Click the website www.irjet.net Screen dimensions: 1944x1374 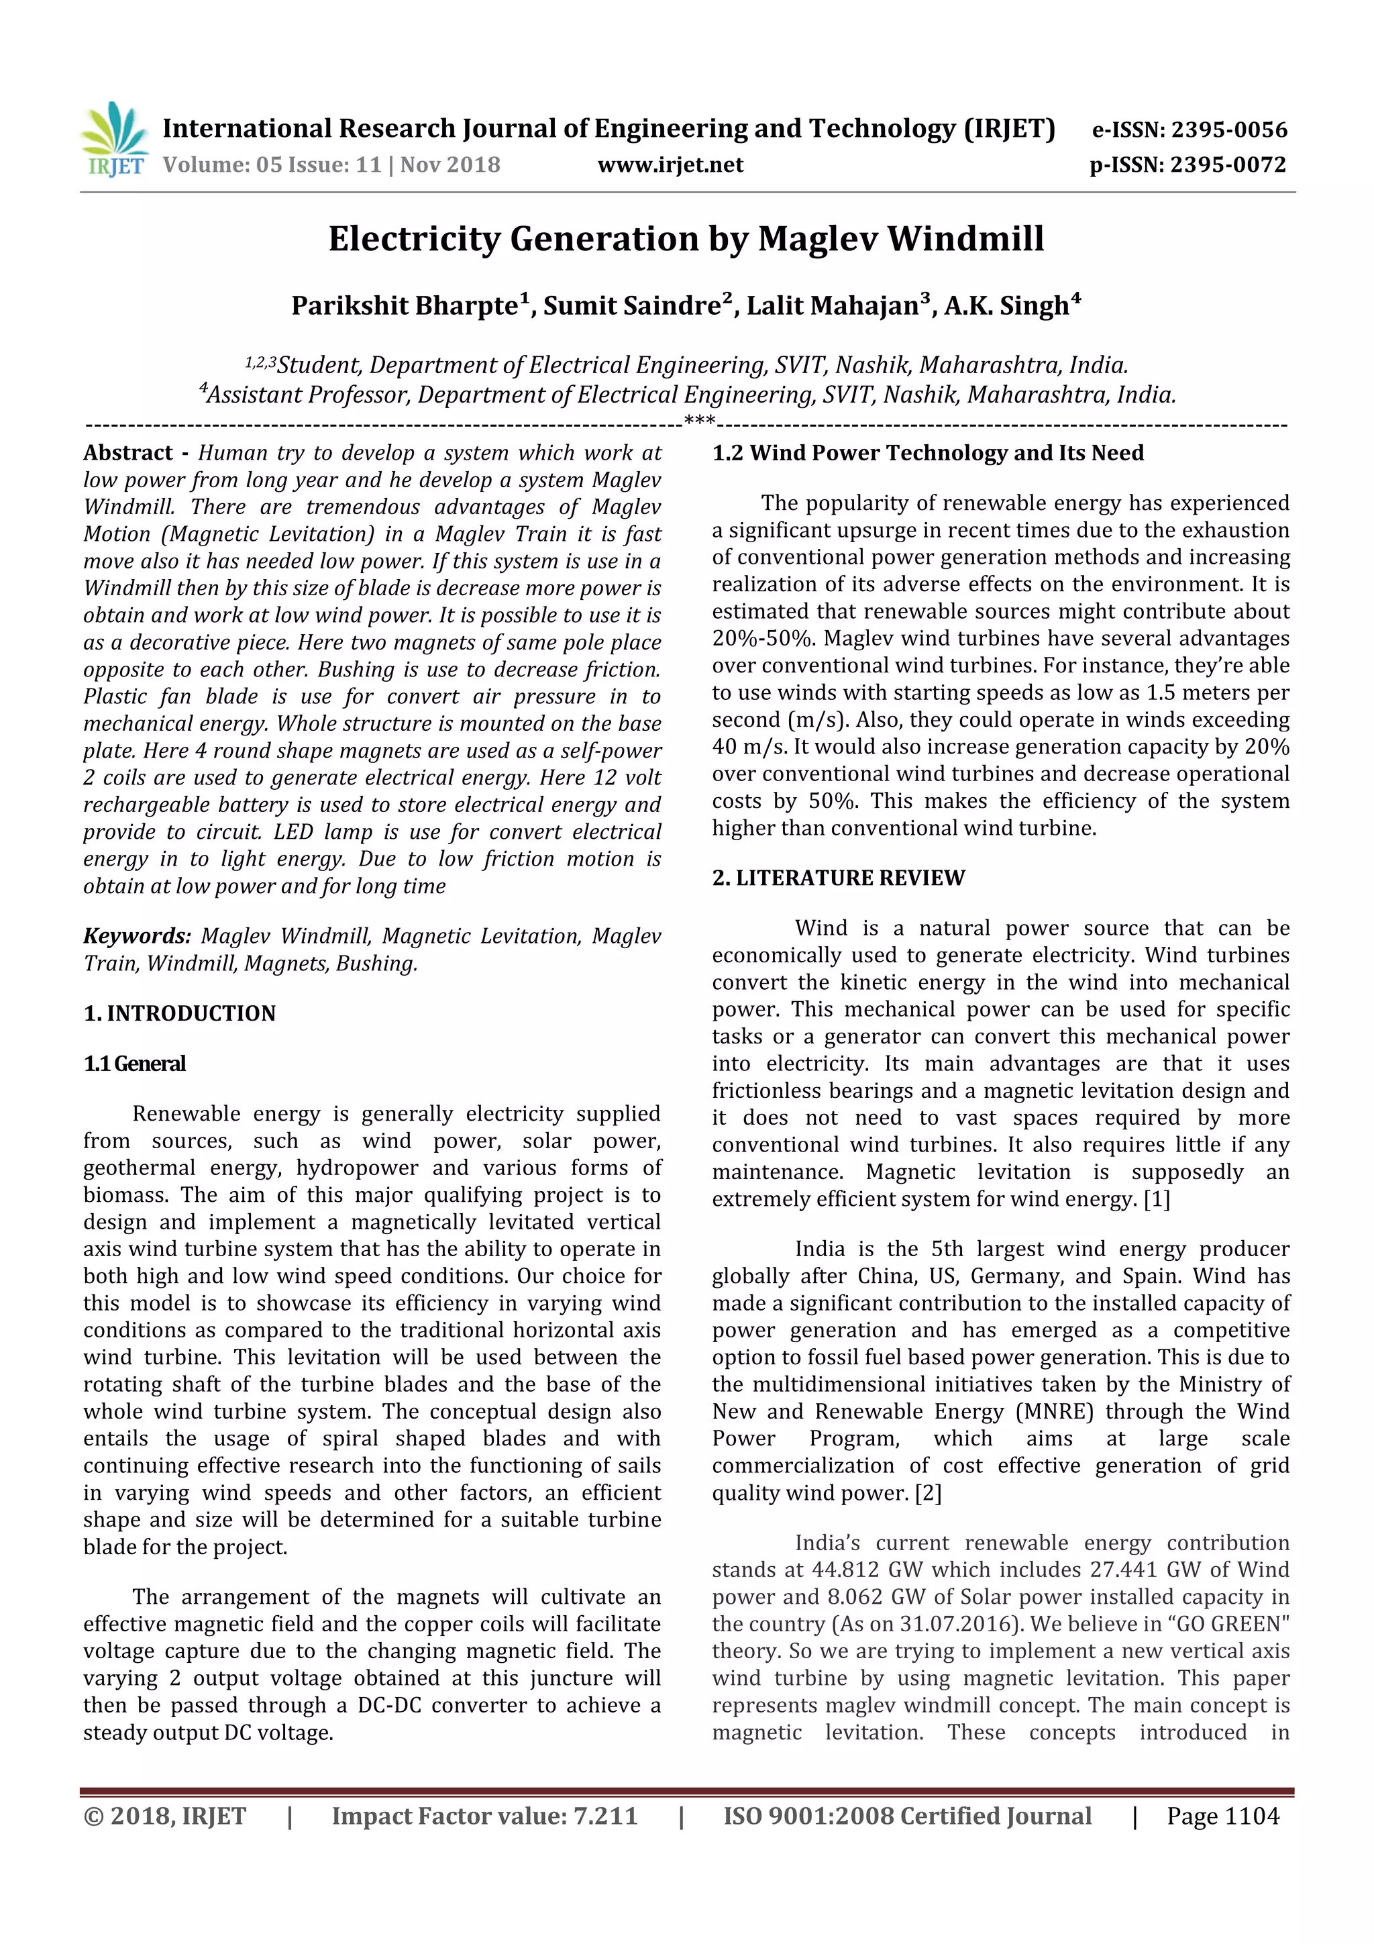click(670, 165)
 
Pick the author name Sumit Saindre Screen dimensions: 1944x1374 click(631, 305)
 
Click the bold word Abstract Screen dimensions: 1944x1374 click(128, 453)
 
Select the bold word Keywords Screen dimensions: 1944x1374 click(137, 937)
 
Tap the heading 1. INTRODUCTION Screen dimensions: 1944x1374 click(180, 1013)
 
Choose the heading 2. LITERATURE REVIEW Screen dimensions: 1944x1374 click(838, 878)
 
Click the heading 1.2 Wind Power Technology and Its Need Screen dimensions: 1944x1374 click(928, 453)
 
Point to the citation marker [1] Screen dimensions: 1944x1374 click(1157, 1200)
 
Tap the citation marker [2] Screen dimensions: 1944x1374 click(928, 1492)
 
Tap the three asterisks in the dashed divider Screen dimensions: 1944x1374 click(699, 421)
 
